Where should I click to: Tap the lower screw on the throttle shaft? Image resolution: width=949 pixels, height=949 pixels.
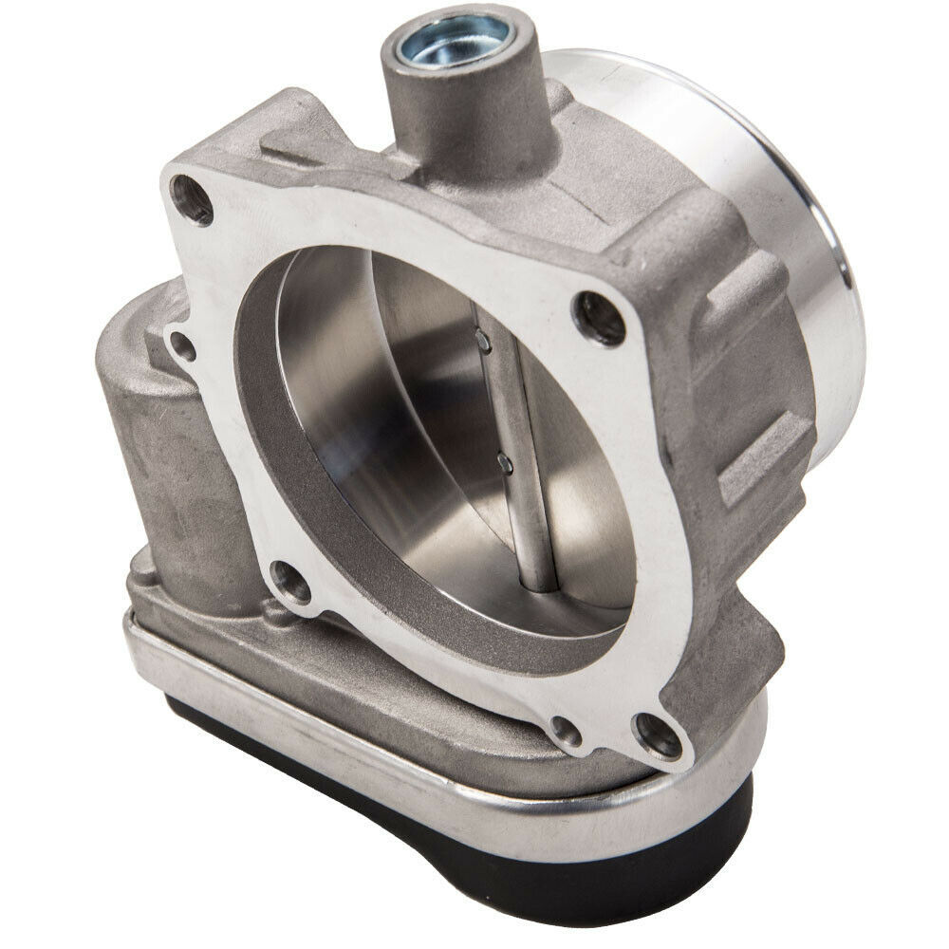504,463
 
